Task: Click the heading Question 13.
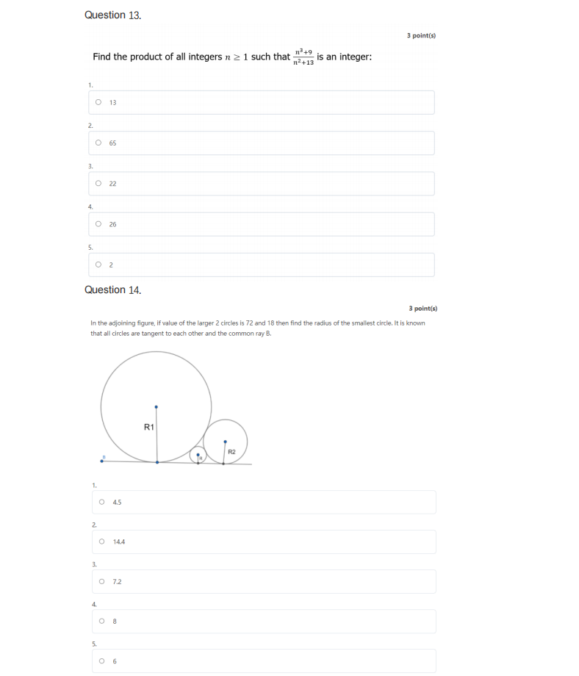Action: click(112, 15)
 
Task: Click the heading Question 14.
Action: click(112, 290)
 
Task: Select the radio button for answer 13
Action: click(98, 102)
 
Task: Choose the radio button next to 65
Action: click(98, 143)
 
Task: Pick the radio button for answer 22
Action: click(98, 183)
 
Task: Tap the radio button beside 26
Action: click(98, 224)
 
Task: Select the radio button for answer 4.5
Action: click(101, 502)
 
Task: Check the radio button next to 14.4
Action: click(101, 542)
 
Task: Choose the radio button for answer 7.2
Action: click(101, 581)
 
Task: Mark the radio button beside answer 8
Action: click(101, 621)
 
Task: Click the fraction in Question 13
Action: click(303, 57)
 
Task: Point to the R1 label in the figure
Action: click(149, 427)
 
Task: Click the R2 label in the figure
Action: click(231, 451)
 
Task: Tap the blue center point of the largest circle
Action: click(157, 406)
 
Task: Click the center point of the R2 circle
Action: click(225, 442)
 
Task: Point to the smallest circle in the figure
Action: click(198, 456)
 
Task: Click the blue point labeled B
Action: click(101, 461)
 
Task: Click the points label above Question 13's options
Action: click(421, 35)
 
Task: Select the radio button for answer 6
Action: click(101, 661)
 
